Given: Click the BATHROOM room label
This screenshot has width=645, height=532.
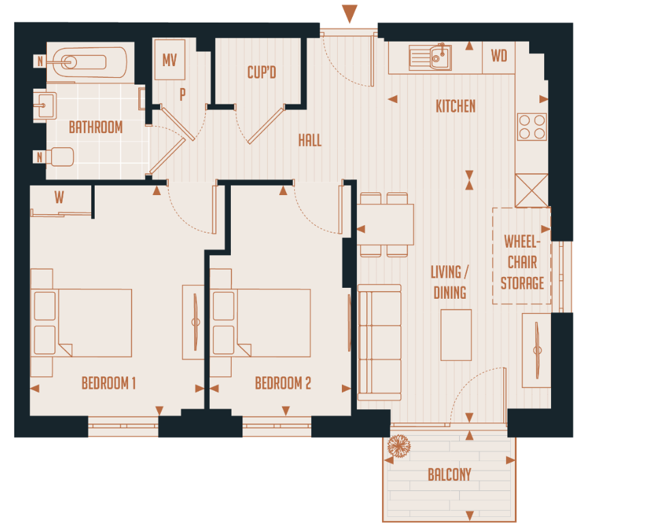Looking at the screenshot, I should (x=95, y=128).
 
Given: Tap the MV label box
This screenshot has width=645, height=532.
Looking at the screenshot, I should (x=170, y=60).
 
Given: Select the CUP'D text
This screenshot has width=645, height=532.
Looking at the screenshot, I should (x=262, y=72).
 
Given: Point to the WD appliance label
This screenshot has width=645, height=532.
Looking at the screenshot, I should (x=499, y=57).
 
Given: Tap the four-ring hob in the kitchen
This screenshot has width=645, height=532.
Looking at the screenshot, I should (x=532, y=126).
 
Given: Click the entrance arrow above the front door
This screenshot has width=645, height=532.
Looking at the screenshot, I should (x=349, y=13).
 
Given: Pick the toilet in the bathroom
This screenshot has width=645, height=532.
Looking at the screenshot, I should (x=61, y=158).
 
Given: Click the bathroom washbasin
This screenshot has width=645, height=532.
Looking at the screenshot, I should (x=48, y=105).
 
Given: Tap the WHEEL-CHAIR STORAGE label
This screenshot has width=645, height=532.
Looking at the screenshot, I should (x=522, y=262).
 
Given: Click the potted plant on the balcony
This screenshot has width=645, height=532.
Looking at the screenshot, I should (x=399, y=447).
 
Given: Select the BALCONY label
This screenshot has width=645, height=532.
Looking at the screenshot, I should (x=449, y=475).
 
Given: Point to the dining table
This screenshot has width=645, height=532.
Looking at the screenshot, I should (x=385, y=224).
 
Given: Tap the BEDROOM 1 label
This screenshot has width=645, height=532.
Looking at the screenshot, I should (x=108, y=383).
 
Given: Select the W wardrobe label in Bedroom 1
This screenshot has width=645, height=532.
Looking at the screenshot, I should (x=59, y=198).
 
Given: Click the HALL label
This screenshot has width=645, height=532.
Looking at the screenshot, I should (x=309, y=141).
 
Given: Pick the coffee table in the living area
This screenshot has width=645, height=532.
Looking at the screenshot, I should (x=456, y=335).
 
